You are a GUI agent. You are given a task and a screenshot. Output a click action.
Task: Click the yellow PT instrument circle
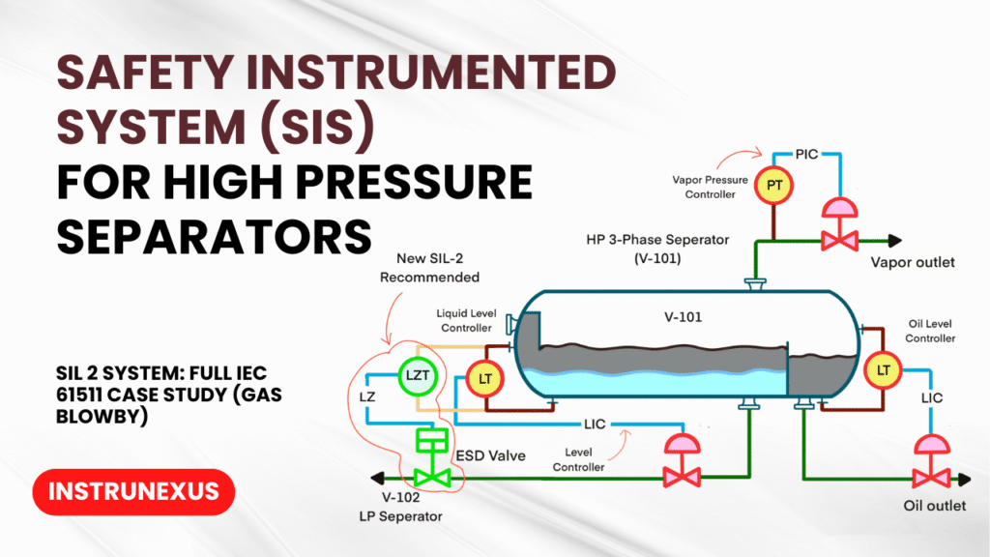(772, 184)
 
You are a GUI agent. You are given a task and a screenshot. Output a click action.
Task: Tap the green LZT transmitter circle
(417, 375)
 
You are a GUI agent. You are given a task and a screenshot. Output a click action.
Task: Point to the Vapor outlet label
(912, 262)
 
